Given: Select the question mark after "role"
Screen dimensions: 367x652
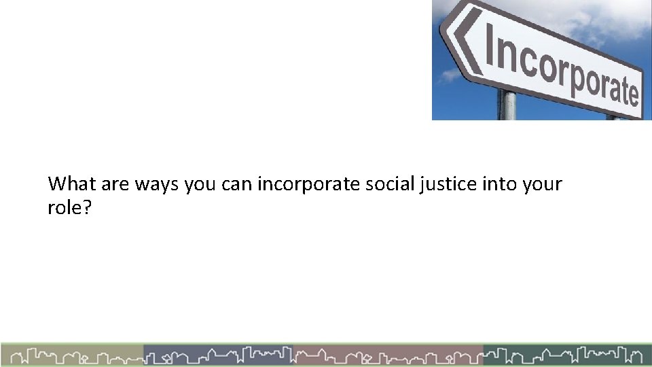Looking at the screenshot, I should (x=85, y=207).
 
